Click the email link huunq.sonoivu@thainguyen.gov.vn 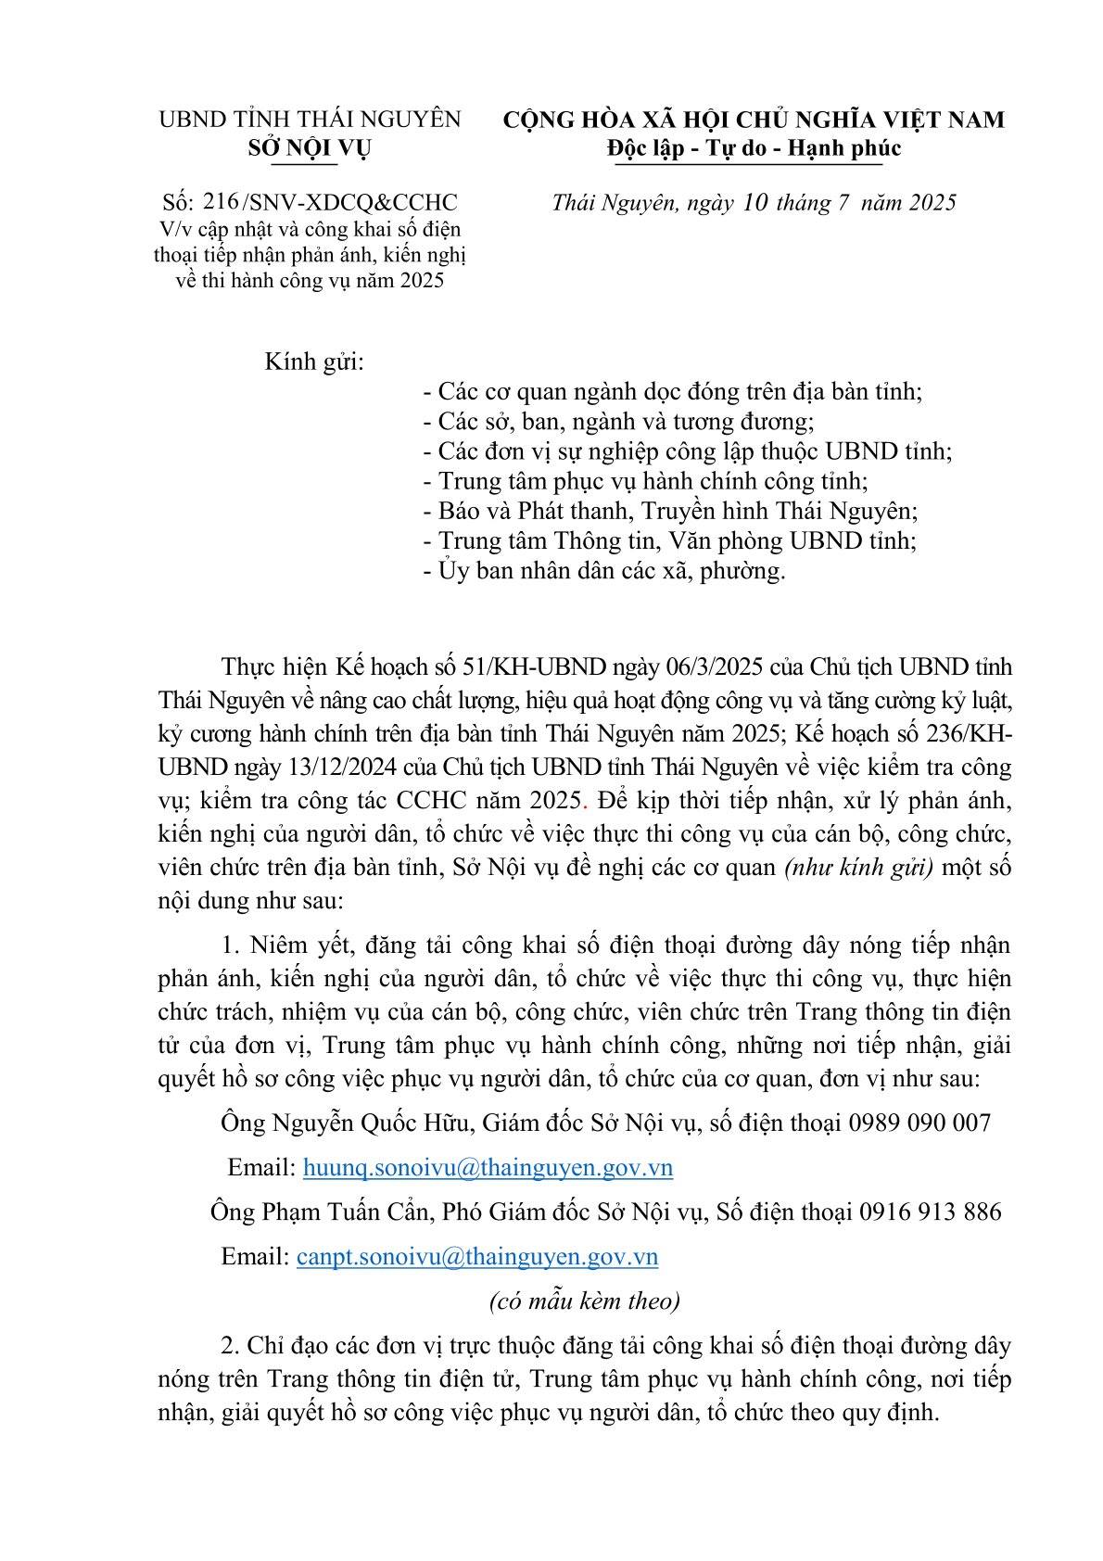(x=488, y=1168)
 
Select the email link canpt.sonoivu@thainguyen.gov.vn (x=476, y=1257)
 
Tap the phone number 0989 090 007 (x=919, y=1123)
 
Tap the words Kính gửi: (x=314, y=362)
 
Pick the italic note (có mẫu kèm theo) (x=584, y=1301)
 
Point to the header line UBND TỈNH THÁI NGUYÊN (x=310, y=120)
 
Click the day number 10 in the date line (x=756, y=203)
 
